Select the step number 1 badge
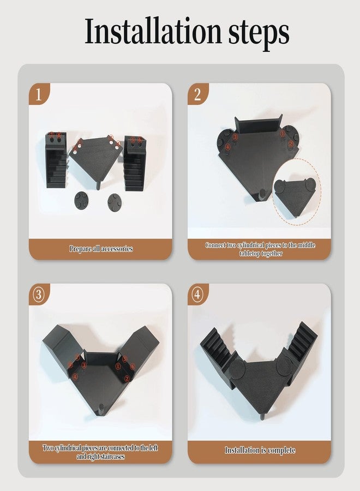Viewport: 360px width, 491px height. coord(39,94)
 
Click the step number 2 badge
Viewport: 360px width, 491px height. coord(197,94)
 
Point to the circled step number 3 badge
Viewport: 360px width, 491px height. coord(39,295)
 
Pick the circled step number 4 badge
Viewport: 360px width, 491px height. coord(197,295)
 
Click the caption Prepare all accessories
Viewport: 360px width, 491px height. coord(101,249)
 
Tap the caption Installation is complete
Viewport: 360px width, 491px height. coord(260,450)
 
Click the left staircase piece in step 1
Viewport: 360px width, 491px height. coord(56,160)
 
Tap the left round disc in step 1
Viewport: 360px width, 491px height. coord(82,200)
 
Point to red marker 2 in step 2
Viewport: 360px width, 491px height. coord(291,143)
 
